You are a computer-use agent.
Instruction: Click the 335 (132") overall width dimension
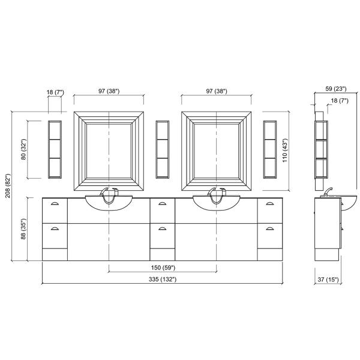(163, 279)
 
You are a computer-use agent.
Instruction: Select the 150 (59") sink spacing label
(163, 268)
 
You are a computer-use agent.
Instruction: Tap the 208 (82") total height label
(8, 186)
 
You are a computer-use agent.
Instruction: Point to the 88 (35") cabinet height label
(23, 229)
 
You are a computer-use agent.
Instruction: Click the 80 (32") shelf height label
(23, 149)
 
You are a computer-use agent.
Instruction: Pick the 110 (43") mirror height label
(284, 151)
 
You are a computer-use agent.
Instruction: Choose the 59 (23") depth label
(335, 89)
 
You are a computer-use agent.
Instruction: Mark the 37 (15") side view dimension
(328, 280)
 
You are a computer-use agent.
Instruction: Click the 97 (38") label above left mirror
(109, 91)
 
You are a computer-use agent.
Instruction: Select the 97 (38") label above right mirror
(217, 91)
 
